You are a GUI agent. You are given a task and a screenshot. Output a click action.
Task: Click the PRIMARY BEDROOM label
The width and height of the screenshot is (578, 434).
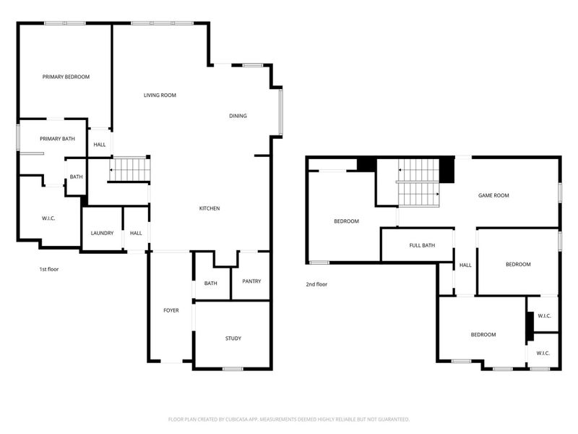(66, 76)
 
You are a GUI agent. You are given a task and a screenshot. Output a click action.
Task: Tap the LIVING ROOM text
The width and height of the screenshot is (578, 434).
(160, 95)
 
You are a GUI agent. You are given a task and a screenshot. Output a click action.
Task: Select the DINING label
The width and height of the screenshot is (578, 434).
(238, 116)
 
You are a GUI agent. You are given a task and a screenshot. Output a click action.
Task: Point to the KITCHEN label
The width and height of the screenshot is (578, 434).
(210, 208)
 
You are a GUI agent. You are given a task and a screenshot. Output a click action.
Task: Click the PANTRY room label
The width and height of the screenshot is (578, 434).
(251, 281)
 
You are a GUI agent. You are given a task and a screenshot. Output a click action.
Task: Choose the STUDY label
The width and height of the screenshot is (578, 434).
(233, 338)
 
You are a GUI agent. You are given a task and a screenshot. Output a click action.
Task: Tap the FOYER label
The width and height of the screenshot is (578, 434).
(171, 310)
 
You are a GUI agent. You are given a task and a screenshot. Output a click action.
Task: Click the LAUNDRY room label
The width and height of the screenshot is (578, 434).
(102, 233)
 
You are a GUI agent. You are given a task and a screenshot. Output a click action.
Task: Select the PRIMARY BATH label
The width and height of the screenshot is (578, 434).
(58, 138)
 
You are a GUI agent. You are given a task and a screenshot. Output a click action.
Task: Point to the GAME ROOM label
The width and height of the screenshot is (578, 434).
(494, 195)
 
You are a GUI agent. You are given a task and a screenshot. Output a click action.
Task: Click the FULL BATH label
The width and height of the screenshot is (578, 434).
(422, 245)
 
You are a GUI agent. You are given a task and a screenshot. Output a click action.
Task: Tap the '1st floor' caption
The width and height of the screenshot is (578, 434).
(48, 269)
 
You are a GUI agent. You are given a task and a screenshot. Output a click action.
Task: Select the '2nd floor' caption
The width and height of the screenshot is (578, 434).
(316, 284)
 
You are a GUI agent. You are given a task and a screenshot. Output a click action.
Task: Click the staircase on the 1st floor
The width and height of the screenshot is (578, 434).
(130, 170)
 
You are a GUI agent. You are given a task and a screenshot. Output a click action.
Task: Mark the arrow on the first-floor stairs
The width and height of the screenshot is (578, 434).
(113, 171)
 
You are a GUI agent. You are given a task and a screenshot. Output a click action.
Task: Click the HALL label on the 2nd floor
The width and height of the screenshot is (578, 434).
(465, 265)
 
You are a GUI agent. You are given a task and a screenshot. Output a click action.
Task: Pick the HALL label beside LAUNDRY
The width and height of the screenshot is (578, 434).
(136, 233)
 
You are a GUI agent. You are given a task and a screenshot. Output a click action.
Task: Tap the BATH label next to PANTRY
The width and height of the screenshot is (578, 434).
(211, 283)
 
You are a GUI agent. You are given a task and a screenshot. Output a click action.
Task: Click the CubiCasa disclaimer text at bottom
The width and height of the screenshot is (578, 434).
(289, 419)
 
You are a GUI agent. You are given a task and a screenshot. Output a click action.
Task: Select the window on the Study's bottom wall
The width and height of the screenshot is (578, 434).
(232, 369)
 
